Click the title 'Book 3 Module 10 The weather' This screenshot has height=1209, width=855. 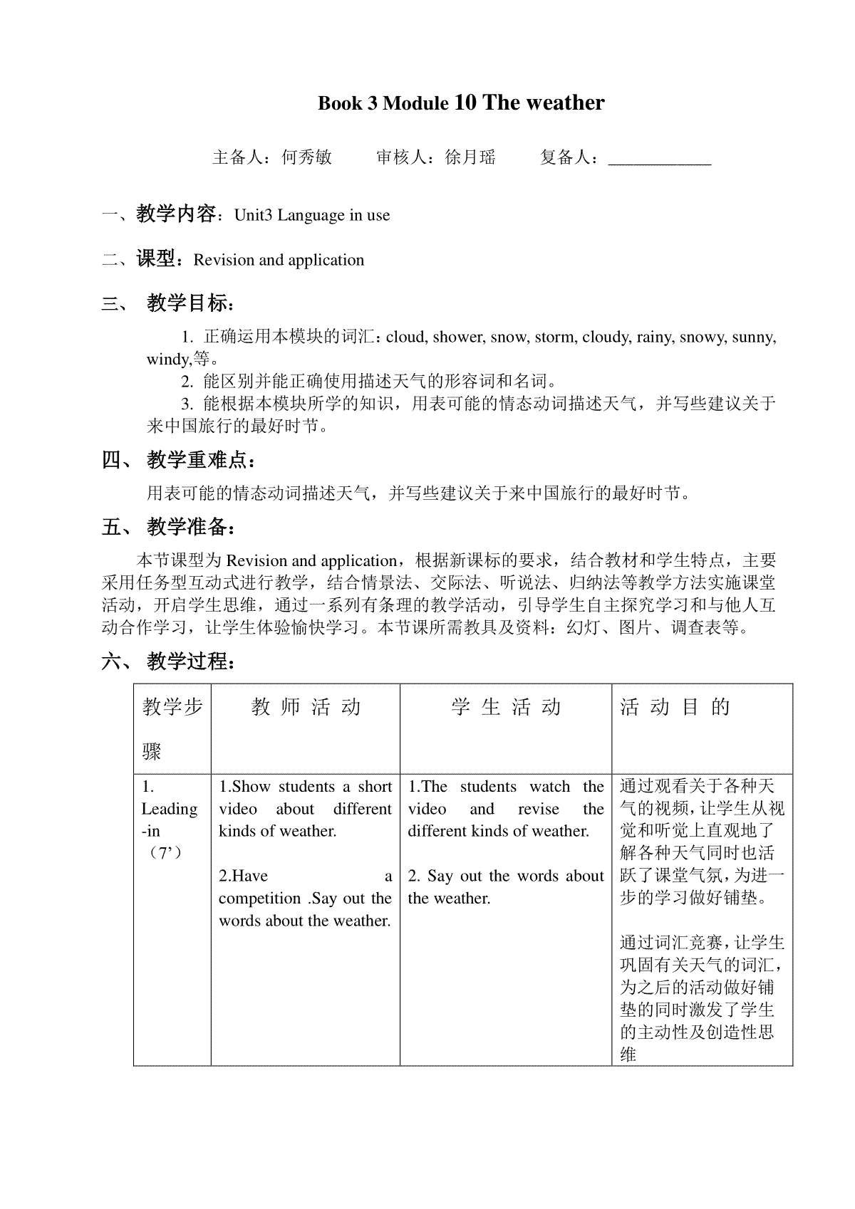pos(461,103)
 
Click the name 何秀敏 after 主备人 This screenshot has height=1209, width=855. pos(307,157)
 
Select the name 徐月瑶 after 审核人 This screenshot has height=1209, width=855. pos(470,157)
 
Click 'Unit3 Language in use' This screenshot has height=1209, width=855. pos(312,215)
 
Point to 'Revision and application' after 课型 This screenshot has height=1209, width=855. pos(279,260)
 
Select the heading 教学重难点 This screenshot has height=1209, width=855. pos(197,461)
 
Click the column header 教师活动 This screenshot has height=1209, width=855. pos(306,707)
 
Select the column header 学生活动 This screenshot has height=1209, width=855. pos(506,707)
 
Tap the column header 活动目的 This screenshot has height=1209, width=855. pos(675,707)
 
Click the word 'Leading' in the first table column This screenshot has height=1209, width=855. pos(170,809)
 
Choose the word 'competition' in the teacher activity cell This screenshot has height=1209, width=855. pos(260,899)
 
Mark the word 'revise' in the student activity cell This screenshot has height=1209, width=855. pos(539,809)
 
